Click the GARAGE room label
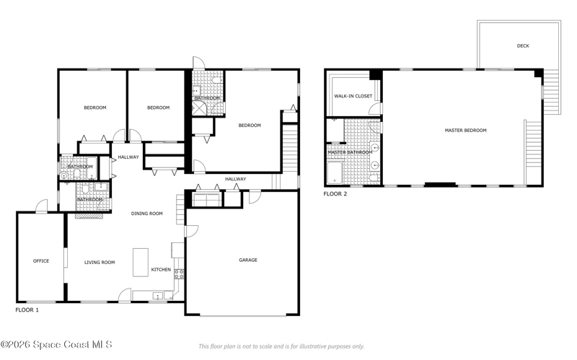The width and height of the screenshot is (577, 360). click(x=248, y=260)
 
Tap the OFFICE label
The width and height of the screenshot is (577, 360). click(x=41, y=261)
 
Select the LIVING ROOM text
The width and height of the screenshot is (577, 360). click(x=100, y=263)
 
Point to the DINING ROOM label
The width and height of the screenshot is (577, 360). click(x=147, y=214)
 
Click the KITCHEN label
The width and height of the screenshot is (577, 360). click(x=161, y=269)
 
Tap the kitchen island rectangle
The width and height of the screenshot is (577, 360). click(x=141, y=263)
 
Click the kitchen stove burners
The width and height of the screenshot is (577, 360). click(x=179, y=274)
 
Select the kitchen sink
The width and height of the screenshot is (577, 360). click(x=158, y=296)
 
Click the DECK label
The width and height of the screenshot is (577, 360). click(x=523, y=46)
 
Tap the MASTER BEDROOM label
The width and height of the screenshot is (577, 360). click(x=465, y=131)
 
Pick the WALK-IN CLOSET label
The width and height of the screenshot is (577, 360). click(x=353, y=96)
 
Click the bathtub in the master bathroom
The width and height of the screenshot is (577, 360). click(x=335, y=172)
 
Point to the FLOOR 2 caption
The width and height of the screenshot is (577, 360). click(x=335, y=194)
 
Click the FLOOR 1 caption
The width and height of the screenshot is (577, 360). click(x=27, y=310)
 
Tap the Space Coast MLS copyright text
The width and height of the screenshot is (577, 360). click(x=56, y=345)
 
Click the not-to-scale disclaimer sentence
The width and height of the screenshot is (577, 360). click(x=281, y=346)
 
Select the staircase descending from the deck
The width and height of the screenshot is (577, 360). click(x=552, y=92)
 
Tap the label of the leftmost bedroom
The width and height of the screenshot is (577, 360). click(x=95, y=107)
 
